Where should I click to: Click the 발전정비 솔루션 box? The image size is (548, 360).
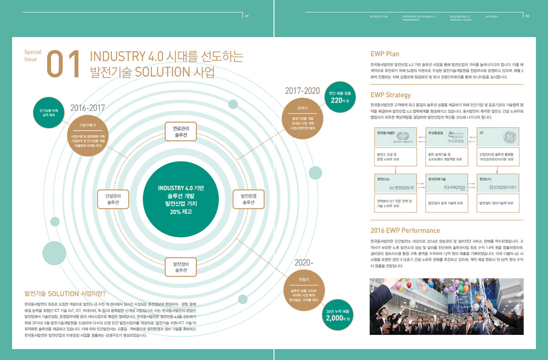(181, 267)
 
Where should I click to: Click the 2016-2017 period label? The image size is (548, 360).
(88, 108)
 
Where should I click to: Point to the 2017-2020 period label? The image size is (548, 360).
(302, 91)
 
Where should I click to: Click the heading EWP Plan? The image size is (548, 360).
(385, 54)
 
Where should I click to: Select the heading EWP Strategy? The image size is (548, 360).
(390, 95)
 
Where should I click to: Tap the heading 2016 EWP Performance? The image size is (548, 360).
(405, 230)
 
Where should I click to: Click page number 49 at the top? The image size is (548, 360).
(247, 16)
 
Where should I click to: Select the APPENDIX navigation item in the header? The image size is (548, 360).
(492, 16)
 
